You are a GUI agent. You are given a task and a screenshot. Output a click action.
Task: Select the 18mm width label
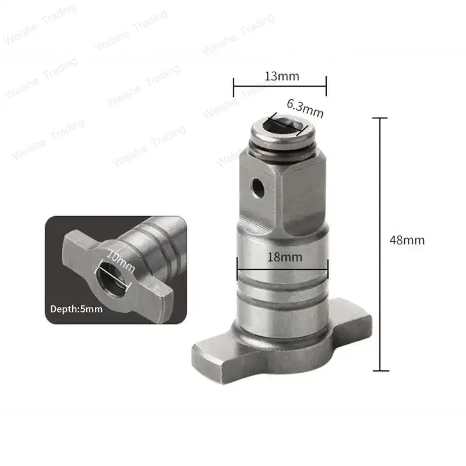[x=280, y=257]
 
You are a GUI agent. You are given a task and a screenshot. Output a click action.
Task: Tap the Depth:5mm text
[x=76, y=309]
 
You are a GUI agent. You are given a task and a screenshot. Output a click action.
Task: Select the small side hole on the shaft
[x=255, y=186]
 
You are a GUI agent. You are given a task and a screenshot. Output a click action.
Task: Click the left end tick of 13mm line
[x=234, y=87]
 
